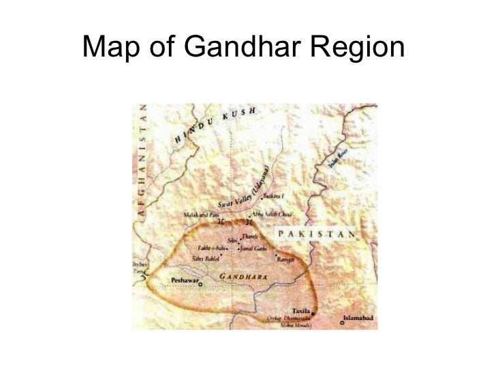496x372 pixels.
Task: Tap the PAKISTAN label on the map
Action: click(315, 234)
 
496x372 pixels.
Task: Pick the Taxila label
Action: click(300, 309)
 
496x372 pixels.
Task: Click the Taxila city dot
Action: click(313, 314)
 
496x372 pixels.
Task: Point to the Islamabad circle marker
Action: click(342, 322)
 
